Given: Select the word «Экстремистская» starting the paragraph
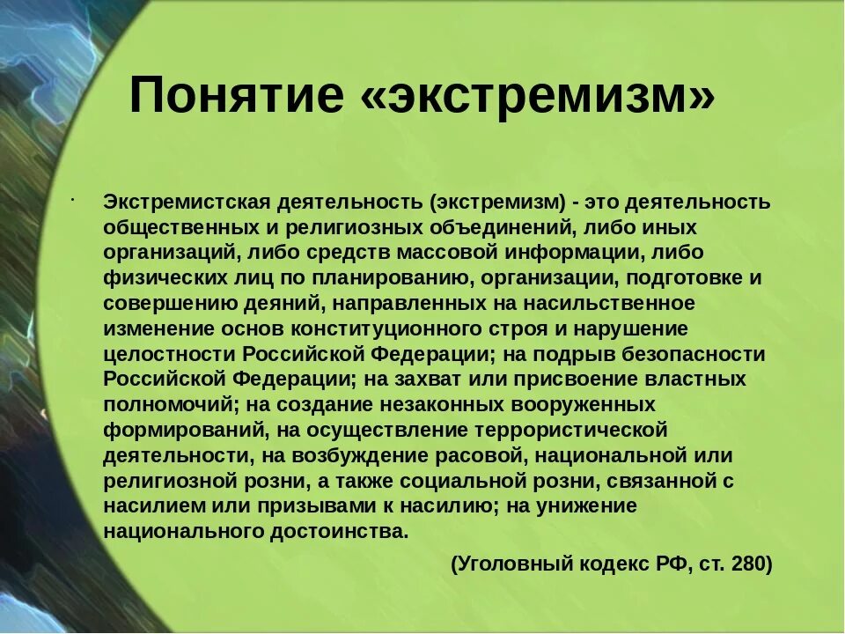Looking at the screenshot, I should pyautogui.click(x=182, y=202).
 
